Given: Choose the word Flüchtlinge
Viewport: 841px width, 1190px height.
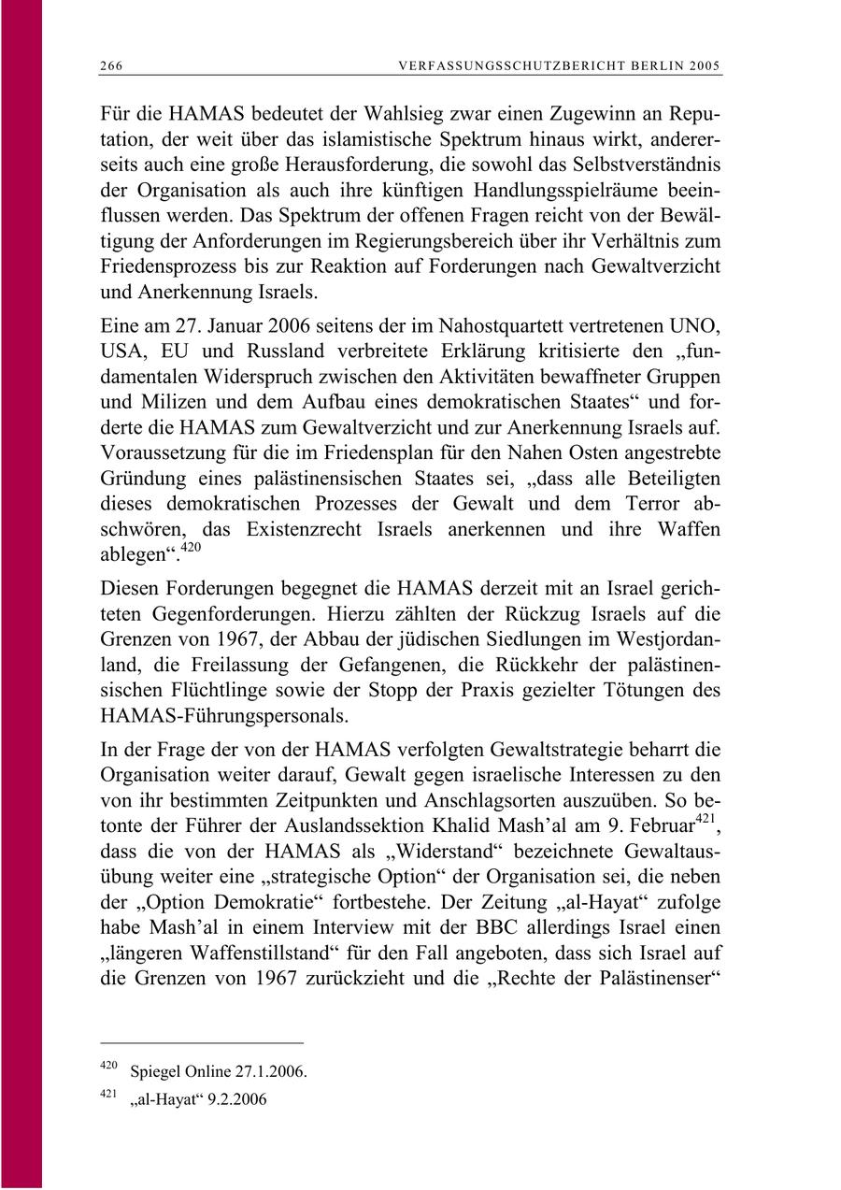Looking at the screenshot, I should pos(207,691).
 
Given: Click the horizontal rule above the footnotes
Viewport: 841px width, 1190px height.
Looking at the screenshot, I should pos(201,1041).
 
